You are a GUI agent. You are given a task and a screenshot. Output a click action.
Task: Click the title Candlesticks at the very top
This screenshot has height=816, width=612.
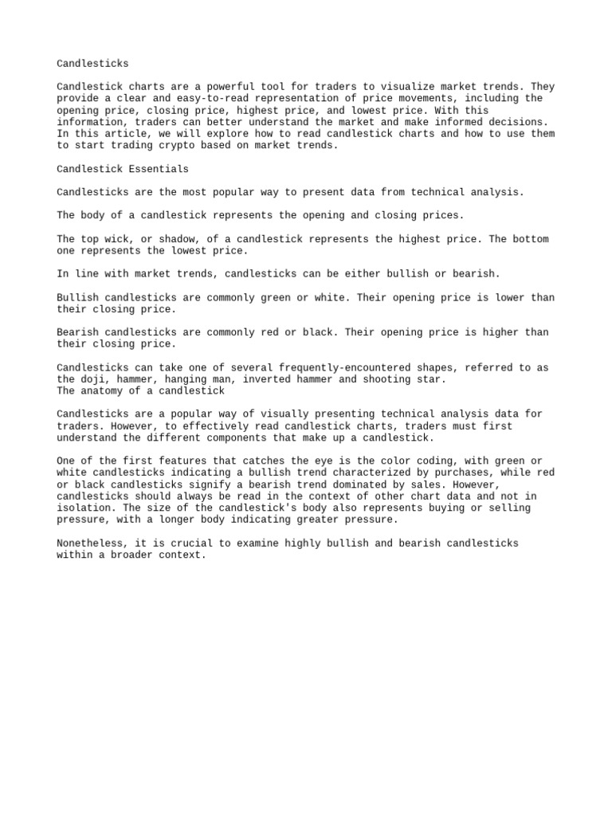(92, 63)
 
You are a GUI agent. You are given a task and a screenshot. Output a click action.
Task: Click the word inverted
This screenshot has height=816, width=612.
(269, 379)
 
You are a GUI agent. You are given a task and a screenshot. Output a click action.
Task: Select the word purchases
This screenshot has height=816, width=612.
(457, 473)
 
